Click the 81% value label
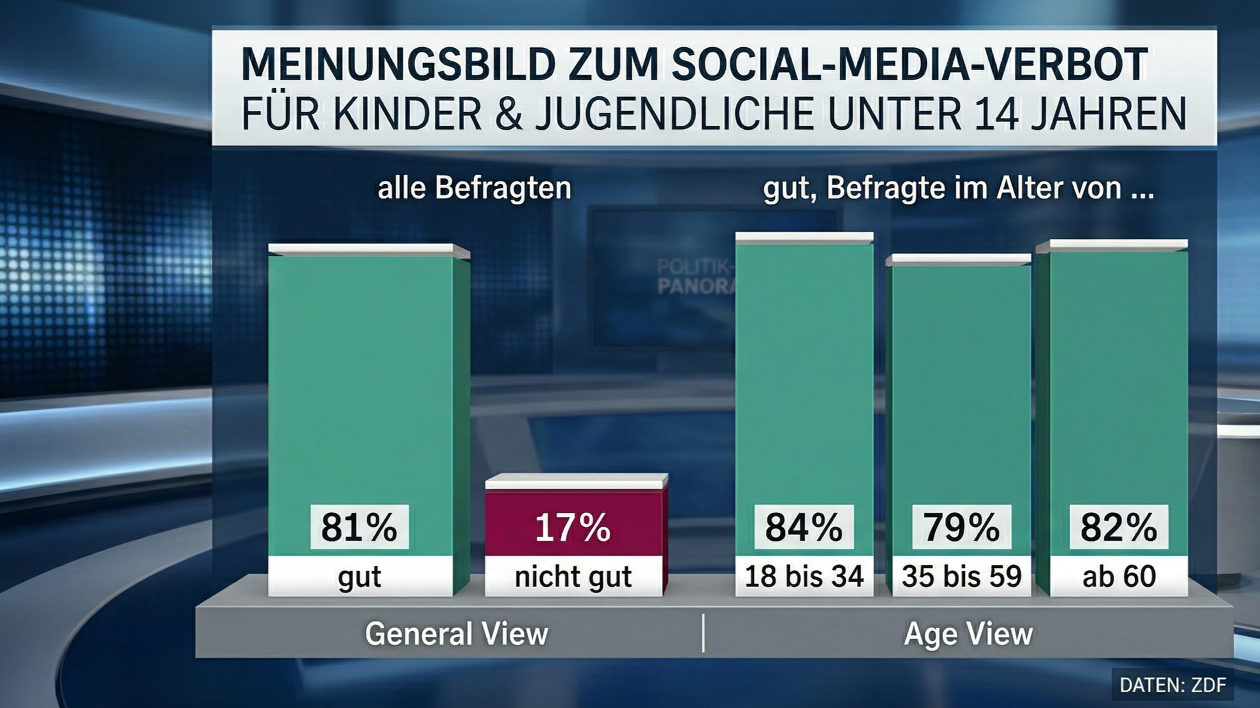(359, 527)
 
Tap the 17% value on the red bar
(573, 527)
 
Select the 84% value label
(804, 527)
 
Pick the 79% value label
(961, 527)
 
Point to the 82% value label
(1119, 527)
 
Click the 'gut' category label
(359, 577)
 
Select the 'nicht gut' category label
(573, 577)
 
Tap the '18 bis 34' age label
(804, 577)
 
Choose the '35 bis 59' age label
(961, 577)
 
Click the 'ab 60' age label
(1119, 577)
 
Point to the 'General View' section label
(456, 634)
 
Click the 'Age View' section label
(968, 634)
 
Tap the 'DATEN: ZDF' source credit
(1172, 685)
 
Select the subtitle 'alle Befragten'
(474, 189)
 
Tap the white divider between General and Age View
(703, 633)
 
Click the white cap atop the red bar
(576, 481)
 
